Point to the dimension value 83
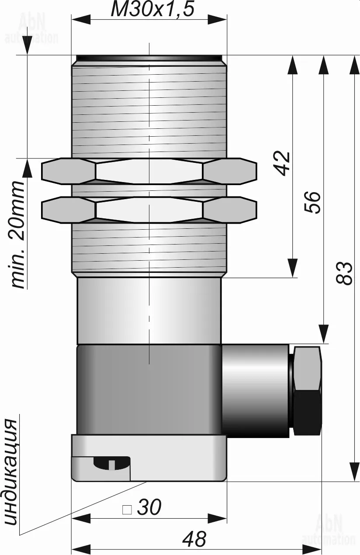(x=345, y=273)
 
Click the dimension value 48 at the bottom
(x=194, y=540)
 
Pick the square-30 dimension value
(x=149, y=507)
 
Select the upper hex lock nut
(x=149, y=171)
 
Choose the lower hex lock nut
(x=149, y=210)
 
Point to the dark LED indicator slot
(x=111, y=462)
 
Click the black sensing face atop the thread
(x=149, y=58)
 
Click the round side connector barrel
(x=255, y=390)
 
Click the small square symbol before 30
(x=127, y=509)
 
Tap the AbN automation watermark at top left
(x=31, y=28)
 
